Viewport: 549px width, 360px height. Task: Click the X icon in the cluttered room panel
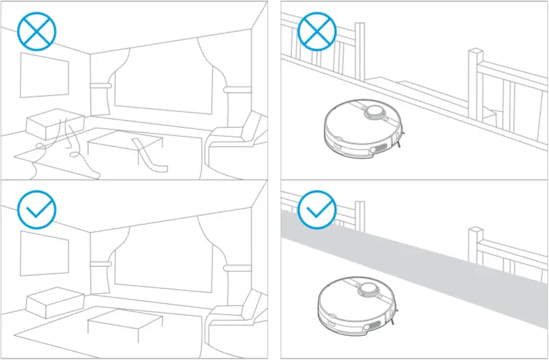coord(37,31)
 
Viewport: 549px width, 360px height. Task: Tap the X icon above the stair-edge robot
coord(316,31)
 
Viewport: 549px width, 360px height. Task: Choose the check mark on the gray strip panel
coord(316,209)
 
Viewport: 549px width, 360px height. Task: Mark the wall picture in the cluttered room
coord(44,75)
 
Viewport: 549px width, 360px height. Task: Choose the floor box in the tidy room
coord(53,302)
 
